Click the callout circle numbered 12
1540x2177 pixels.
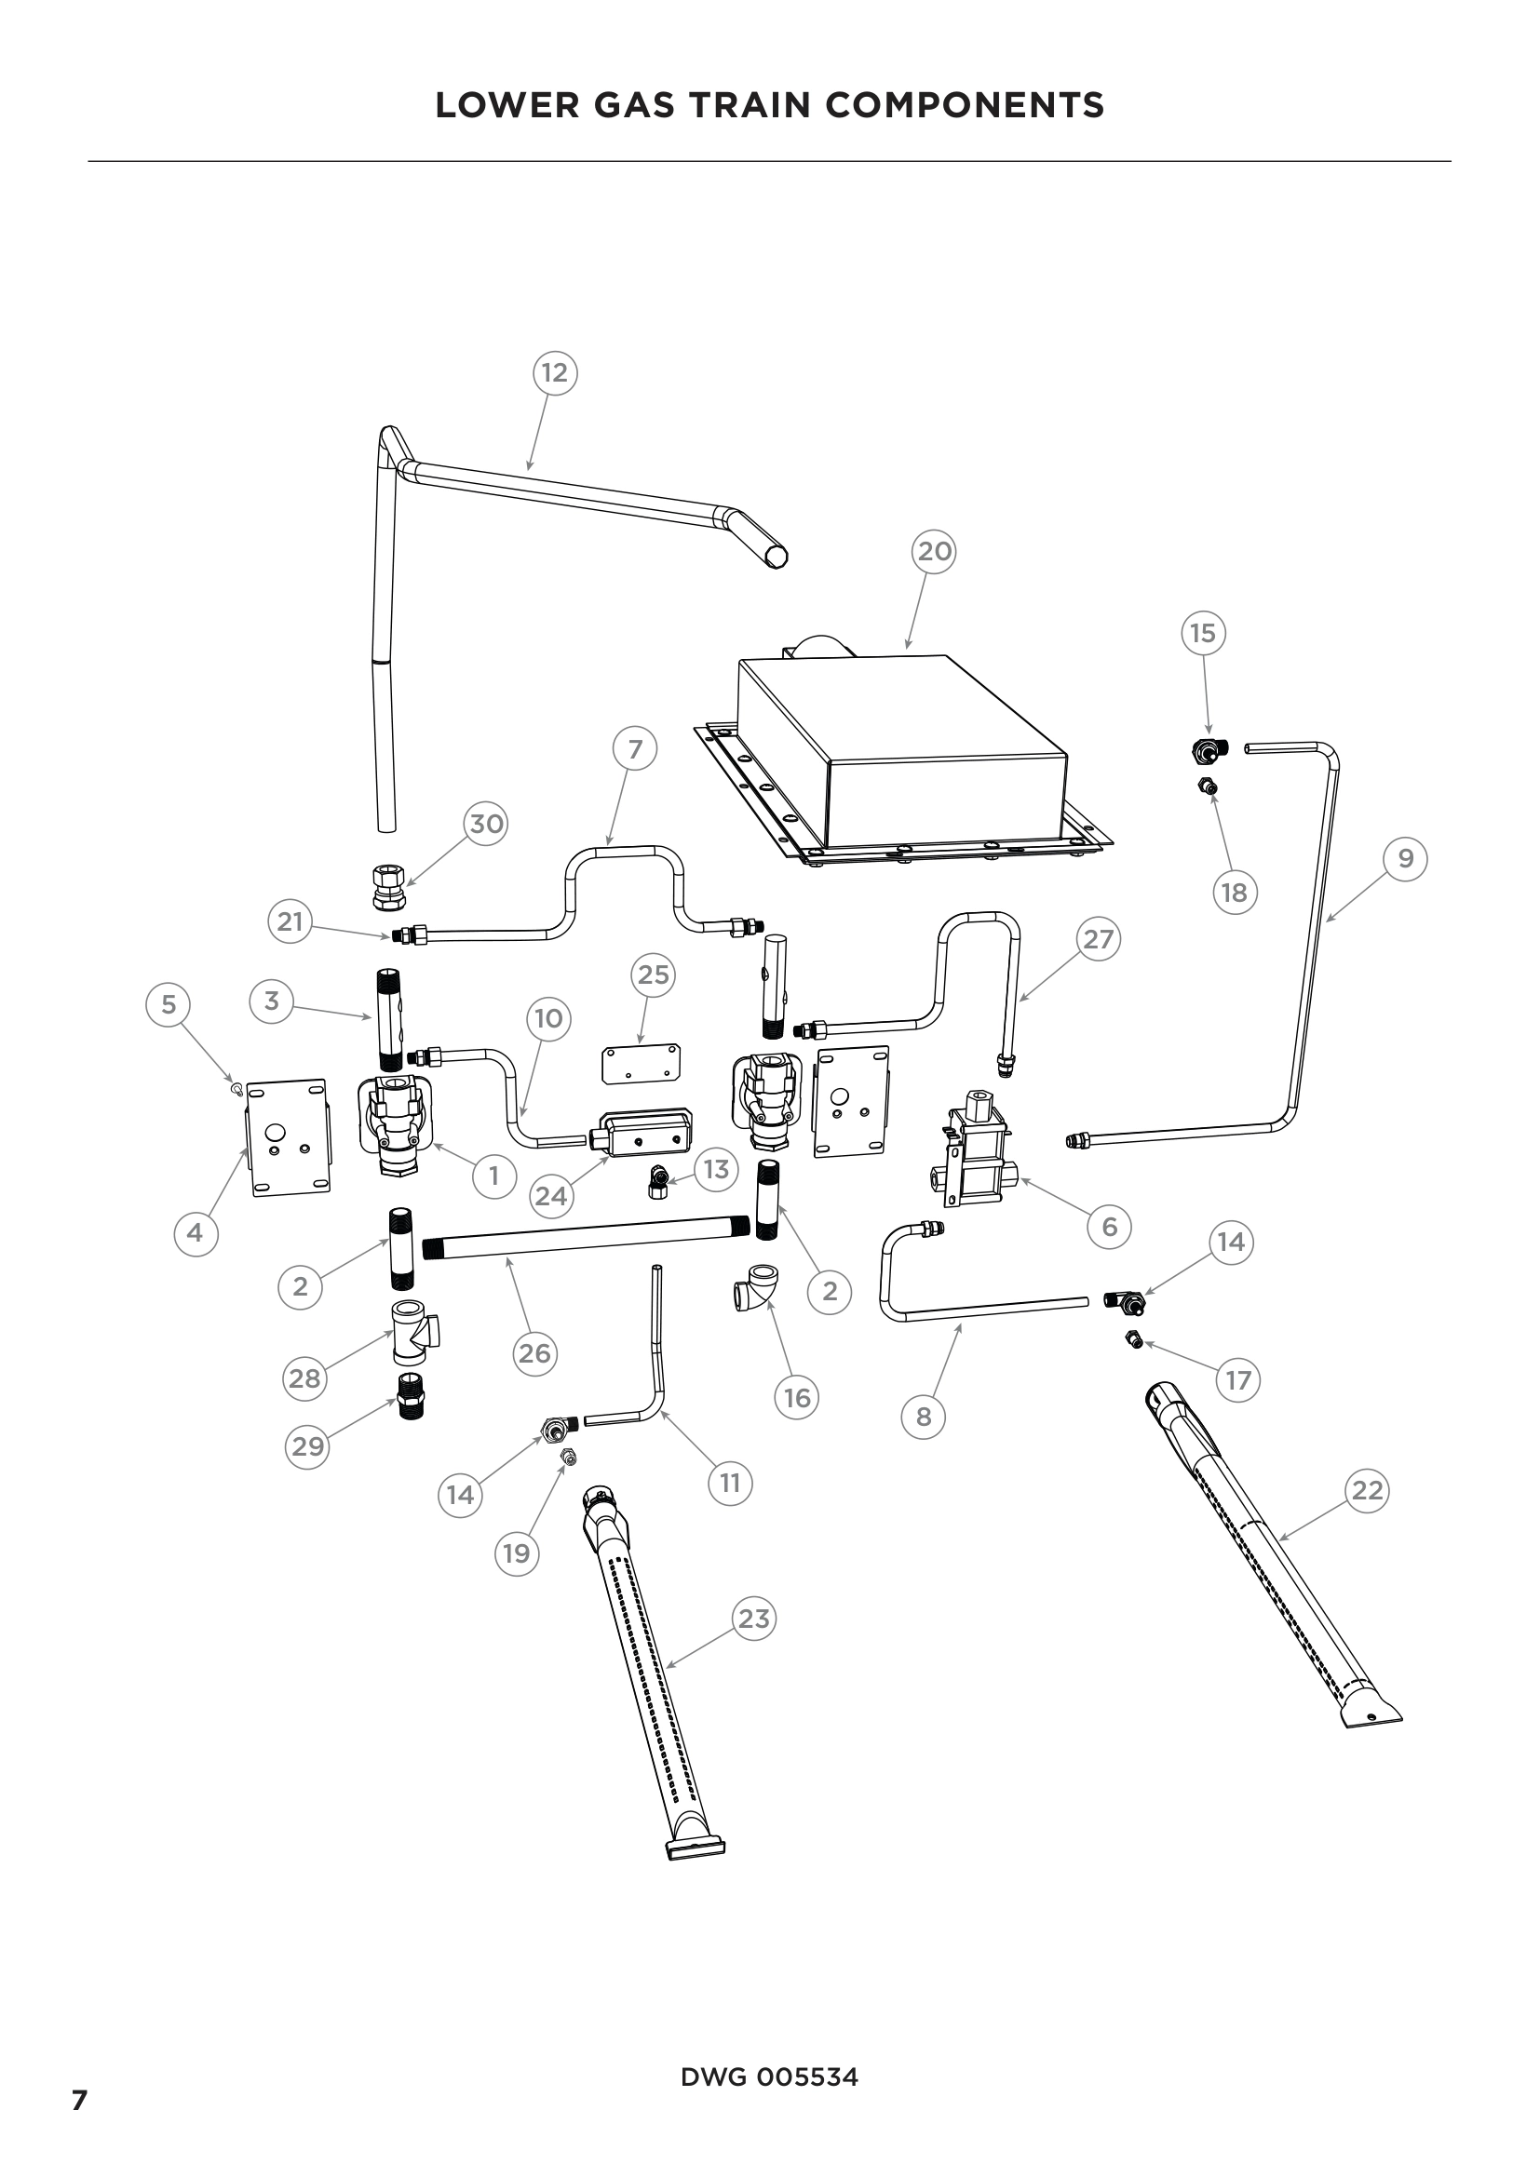(x=555, y=372)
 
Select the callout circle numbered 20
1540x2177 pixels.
(x=934, y=551)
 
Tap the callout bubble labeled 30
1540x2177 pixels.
(x=486, y=823)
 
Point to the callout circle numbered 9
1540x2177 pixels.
(x=1405, y=858)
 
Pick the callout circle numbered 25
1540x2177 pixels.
(x=654, y=974)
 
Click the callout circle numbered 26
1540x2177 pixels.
(x=534, y=1353)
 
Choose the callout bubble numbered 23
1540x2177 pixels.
(x=754, y=1619)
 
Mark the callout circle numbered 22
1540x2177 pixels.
(x=1368, y=1490)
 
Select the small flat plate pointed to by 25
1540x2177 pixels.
(x=642, y=1063)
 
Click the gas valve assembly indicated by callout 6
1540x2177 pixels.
(x=977, y=1149)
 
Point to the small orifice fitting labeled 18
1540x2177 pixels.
(x=1209, y=786)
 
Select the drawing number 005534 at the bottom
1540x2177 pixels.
(x=807, y=2077)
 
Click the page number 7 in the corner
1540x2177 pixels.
(x=80, y=2100)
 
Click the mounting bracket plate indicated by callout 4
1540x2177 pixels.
(x=290, y=1136)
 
